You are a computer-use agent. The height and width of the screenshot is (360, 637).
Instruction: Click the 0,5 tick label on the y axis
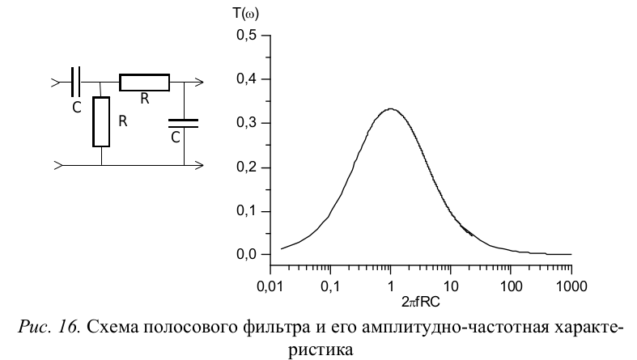(x=245, y=36)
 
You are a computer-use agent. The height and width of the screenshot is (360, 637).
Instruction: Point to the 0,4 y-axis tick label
(x=245, y=79)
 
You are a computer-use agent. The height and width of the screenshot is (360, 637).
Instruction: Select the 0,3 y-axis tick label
(x=245, y=123)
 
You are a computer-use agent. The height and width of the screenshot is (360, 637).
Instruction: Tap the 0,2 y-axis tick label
(x=245, y=167)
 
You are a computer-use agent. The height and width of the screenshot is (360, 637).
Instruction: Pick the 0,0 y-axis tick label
(x=245, y=255)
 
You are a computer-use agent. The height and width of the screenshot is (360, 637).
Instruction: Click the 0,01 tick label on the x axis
(x=270, y=286)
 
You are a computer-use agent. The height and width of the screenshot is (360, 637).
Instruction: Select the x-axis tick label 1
(x=391, y=286)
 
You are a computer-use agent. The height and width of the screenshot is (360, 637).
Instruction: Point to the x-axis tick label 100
(x=511, y=286)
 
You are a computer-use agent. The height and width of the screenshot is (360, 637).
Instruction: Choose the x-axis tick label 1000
(x=571, y=286)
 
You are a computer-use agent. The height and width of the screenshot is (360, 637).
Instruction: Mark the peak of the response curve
(x=391, y=108)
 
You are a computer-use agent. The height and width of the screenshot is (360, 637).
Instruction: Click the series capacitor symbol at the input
(x=76, y=82)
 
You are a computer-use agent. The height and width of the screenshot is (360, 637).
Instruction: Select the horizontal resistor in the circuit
(x=144, y=82)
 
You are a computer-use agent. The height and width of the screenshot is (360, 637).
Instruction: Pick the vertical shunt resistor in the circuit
(x=101, y=121)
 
